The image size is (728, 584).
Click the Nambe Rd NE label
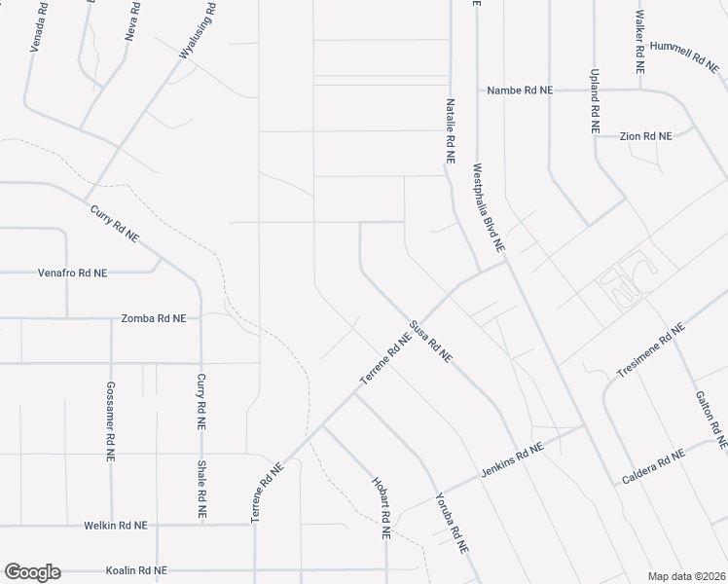coord(520,90)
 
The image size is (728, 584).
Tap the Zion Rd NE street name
coord(646,136)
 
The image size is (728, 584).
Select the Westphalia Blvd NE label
coord(490,208)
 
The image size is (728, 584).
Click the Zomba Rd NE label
coord(160,318)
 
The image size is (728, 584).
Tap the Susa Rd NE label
coord(430,342)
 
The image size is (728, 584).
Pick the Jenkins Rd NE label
coord(510,462)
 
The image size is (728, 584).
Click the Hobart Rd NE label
coord(380,507)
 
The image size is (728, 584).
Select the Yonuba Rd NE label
coord(454,521)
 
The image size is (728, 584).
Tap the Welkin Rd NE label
coord(115,525)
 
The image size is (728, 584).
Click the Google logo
coord(32,572)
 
